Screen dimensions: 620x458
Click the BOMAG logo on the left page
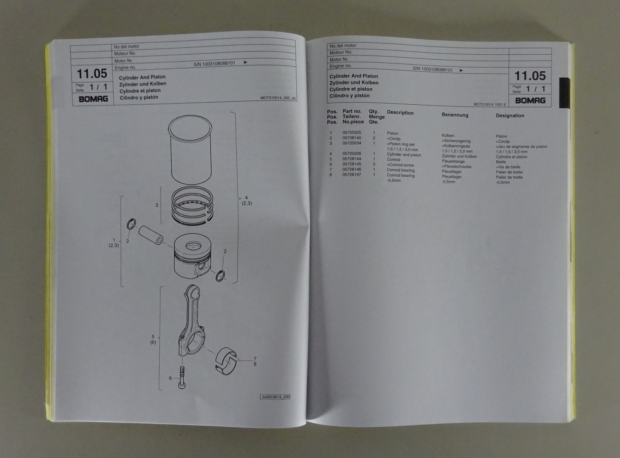93,99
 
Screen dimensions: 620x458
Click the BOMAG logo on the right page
530,100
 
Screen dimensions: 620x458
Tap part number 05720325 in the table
351,133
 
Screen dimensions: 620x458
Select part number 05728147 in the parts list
351,175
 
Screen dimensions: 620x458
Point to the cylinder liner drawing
190,150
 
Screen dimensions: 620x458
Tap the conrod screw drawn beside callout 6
182,377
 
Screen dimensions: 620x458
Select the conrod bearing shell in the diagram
226,361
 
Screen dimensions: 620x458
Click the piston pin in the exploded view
151,235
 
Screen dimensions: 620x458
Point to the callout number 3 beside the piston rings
157,205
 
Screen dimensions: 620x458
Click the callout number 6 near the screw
170,378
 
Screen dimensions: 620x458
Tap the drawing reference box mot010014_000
275,397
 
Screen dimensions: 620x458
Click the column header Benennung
455,115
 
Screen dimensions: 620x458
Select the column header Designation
510,116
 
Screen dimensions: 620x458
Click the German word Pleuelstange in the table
453,161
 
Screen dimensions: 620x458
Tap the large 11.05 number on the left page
92,74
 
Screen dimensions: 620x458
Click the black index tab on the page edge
564,93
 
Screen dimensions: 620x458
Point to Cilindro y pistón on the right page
350,96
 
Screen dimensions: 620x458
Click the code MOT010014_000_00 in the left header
278,98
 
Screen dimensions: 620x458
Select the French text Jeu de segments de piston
522,147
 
